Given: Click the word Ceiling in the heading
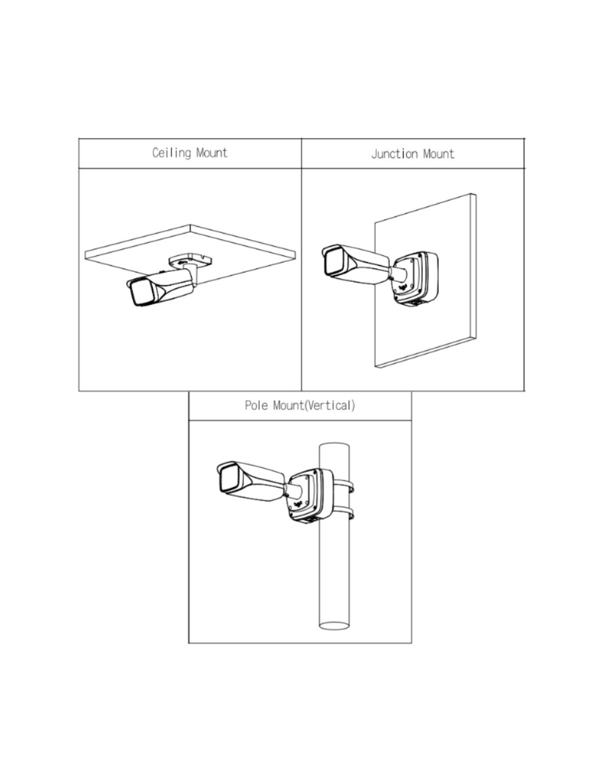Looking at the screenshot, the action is click(x=171, y=153).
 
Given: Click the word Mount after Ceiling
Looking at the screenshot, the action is click(x=211, y=153).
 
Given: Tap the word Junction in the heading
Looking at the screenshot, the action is click(x=394, y=154).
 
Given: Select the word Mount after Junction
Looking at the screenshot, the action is click(x=438, y=154).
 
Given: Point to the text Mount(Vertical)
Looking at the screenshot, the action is click(x=314, y=405).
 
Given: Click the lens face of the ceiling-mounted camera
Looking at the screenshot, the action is click(x=141, y=293).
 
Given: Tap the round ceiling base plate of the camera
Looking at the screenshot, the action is click(x=190, y=260).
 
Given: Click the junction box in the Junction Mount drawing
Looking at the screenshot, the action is click(x=416, y=278).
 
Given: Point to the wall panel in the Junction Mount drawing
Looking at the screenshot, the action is click(x=426, y=280).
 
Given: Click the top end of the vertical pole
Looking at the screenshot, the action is click(x=334, y=445).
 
